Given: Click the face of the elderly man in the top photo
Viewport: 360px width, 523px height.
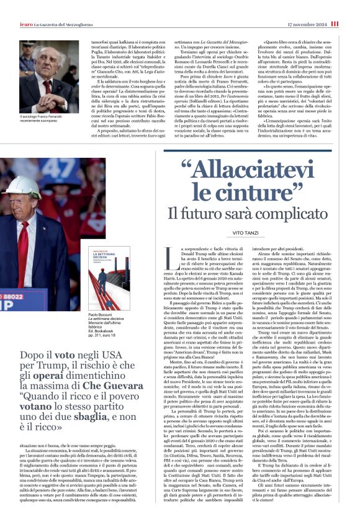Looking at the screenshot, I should pyautogui.click(x=50, y=68).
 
